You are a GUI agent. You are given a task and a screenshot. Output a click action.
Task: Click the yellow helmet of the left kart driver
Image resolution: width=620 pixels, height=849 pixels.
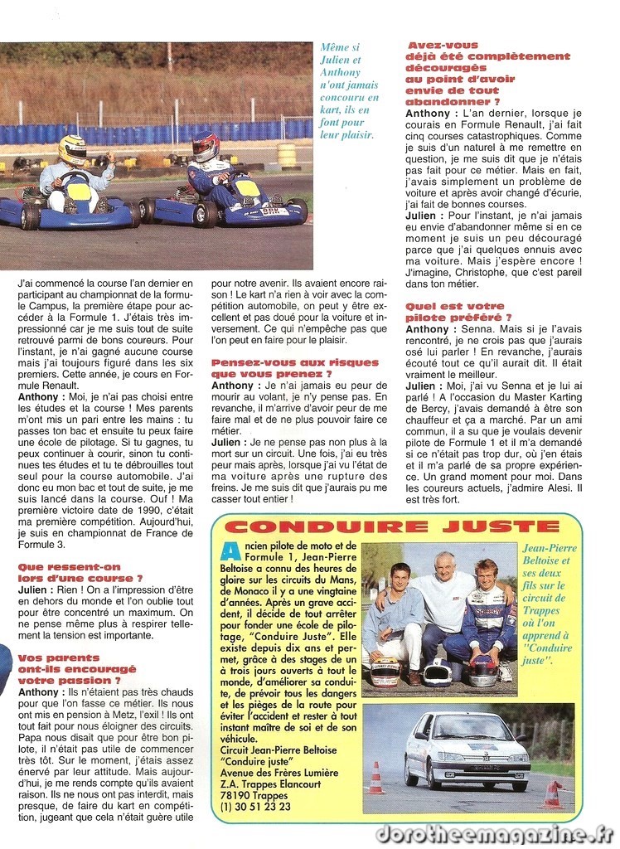72,149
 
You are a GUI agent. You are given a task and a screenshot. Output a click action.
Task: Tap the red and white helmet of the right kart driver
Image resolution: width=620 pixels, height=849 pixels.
205,146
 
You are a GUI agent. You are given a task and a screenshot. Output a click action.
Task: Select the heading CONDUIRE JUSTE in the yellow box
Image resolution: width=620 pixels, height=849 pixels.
392,526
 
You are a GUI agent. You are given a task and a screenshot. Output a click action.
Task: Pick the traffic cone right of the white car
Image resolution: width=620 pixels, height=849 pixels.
552,793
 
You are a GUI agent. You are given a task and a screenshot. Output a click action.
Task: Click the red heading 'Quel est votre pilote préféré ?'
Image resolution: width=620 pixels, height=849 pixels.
458,311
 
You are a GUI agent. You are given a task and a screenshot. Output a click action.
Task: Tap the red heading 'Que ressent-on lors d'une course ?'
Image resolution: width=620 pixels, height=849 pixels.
80,572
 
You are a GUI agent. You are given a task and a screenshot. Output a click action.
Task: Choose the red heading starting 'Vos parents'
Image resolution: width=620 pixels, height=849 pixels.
76,668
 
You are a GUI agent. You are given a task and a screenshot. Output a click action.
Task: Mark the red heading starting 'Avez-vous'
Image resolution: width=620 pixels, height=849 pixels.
487,73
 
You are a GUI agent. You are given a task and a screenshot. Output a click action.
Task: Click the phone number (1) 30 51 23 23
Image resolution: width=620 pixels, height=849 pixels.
256,806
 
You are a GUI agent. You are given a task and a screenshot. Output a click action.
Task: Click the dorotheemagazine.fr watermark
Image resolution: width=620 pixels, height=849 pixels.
494,833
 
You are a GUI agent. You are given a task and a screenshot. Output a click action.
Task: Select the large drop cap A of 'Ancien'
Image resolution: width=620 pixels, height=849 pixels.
230,551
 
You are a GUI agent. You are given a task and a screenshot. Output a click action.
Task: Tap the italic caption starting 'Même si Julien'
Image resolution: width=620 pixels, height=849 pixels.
349,91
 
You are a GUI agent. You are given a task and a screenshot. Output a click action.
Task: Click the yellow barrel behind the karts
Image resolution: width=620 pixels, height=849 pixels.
287,154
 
